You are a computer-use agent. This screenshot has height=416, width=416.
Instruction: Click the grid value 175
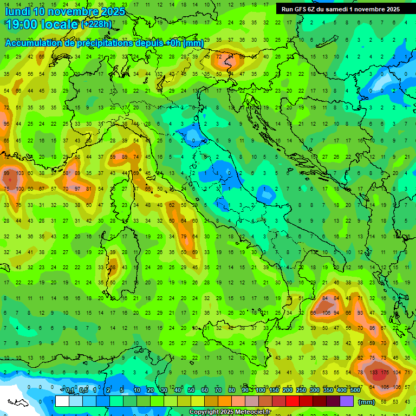[x=386, y=373]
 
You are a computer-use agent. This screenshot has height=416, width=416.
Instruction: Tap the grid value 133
[x=374, y=373]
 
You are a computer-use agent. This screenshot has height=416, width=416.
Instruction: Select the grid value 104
[x=398, y=373]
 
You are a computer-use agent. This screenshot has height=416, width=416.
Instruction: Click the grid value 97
[x=77, y=188]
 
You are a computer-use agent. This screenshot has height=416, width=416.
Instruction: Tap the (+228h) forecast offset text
[x=96, y=24]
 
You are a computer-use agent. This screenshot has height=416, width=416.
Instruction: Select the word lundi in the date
[x=18, y=11]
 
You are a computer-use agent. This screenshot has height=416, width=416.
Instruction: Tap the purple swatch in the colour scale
[x=347, y=401]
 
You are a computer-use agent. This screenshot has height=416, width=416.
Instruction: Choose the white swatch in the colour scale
[x=62, y=401]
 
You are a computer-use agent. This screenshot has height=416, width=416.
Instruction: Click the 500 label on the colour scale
[x=355, y=391]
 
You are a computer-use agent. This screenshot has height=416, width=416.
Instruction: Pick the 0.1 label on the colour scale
[x=70, y=391]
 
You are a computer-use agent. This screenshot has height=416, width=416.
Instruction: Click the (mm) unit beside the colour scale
[x=367, y=402]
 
